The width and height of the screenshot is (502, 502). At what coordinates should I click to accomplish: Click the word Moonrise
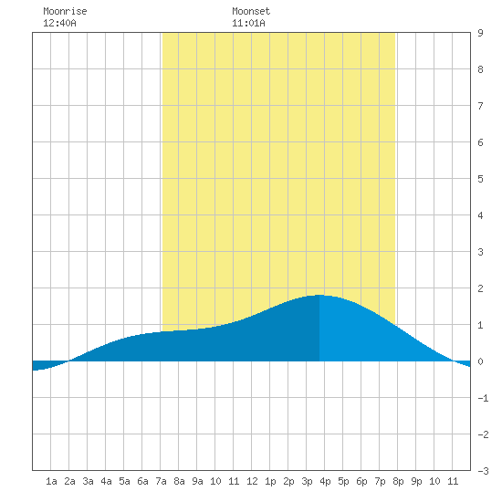click(x=65, y=11)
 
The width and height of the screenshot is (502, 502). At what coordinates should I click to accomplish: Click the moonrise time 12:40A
click(x=59, y=23)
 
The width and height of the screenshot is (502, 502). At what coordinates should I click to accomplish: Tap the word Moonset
click(x=251, y=11)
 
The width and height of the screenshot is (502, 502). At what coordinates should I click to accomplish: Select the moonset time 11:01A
click(x=248, y=23)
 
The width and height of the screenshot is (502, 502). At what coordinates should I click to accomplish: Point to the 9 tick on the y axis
click(x=480, y=33)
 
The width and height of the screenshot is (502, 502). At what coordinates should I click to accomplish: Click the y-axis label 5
click(x=480, y=179)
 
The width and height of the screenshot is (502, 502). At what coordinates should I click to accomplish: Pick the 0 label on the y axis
click(x=480, y=361)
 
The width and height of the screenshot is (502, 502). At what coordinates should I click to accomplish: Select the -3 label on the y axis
click(x=483, y=471)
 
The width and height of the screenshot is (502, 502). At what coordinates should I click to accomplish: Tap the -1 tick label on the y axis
click(x=483, y=398)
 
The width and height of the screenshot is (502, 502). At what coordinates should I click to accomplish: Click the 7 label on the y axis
click(x=480, y=106)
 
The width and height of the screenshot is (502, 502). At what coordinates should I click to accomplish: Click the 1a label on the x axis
click(x=51, y=481)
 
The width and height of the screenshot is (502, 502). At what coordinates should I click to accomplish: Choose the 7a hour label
click(x=161, y=481)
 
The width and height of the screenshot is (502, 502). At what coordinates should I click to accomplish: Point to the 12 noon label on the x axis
click(x=252, y=481)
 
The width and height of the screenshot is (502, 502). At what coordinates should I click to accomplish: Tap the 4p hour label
click(x=325, y=481)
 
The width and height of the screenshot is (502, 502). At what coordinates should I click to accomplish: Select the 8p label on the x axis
click(x=398, y=481)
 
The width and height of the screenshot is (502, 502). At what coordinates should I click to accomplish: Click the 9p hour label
click(x=416, y=481)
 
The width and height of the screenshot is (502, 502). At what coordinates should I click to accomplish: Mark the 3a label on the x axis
click(x=88, y=481)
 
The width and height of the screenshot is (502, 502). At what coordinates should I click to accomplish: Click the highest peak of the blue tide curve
click(x=319, y=295)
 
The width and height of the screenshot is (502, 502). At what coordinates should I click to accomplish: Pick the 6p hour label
click(x=361, y=481)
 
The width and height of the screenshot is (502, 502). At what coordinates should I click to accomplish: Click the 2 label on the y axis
click(x=480, y=288)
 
